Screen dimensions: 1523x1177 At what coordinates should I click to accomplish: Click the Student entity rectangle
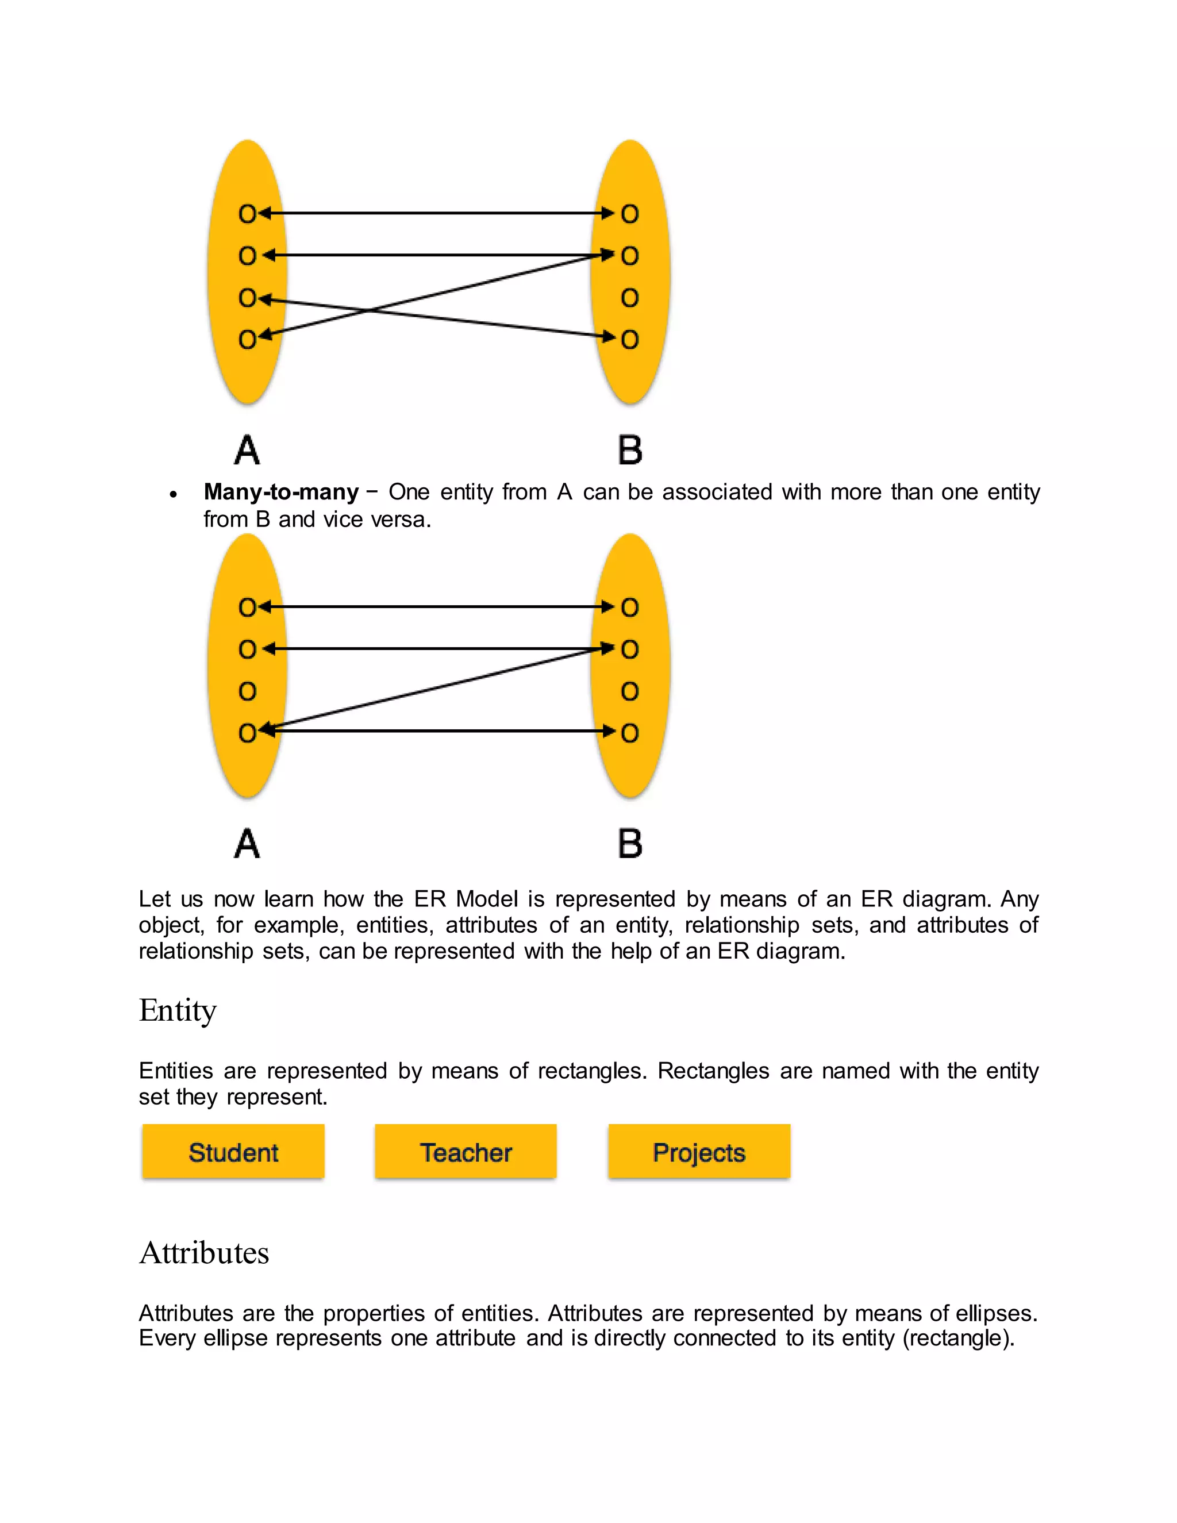(233, 1152)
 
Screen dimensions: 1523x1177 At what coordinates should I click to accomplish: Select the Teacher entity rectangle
(466, 1152)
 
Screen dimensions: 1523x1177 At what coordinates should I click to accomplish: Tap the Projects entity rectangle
(699, 1152)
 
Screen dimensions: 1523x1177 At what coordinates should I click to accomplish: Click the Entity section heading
(178, 1010)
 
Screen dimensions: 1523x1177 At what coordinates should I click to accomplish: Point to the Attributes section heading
(203, 1252)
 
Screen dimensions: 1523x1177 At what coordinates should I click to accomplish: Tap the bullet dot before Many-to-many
(174, 494)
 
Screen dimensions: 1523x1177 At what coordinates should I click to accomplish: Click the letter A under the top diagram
(247, 450)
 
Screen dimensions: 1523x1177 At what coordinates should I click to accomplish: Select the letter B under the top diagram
(630, 450)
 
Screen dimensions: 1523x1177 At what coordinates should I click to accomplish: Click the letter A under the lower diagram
(247, 844)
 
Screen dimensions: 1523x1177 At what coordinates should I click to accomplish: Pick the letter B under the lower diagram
(630, 844)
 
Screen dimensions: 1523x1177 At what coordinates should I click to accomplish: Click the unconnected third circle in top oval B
(630, 298)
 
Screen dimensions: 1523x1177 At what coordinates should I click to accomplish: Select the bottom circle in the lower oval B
(630, 733)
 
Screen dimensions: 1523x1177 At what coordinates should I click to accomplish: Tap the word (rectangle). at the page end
(958, 1338)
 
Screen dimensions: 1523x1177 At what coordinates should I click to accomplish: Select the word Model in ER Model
(487, 899)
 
